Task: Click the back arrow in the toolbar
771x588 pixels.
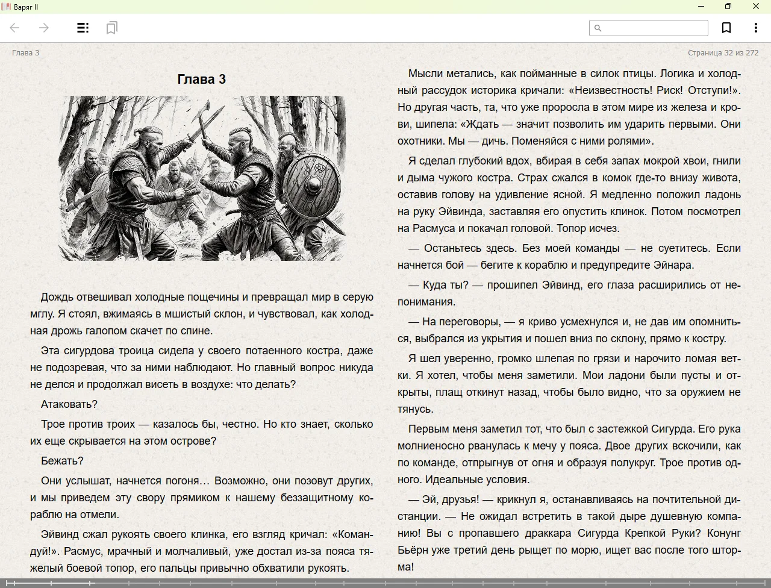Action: coord(15,28)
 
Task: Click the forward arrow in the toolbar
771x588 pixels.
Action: coord(43,28)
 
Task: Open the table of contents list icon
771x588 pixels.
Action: coord(83,28)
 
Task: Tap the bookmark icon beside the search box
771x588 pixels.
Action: coord(726,28)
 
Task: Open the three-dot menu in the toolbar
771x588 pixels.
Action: coord(755,28)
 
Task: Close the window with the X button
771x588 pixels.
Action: coord(755,7)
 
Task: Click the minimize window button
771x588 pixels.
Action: coord(701,7)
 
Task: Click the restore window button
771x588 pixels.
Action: coord(728,7)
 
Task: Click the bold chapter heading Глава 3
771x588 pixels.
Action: coord(201,79)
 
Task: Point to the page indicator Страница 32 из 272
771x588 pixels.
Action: coord(723,53)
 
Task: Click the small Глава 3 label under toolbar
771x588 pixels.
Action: coord(25,53)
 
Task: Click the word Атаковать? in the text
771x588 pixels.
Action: coord(69,404)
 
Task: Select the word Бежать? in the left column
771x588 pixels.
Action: coord(62,461)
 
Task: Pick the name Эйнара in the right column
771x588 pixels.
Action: coord(673,265)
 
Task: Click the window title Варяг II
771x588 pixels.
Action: coord(26,7)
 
